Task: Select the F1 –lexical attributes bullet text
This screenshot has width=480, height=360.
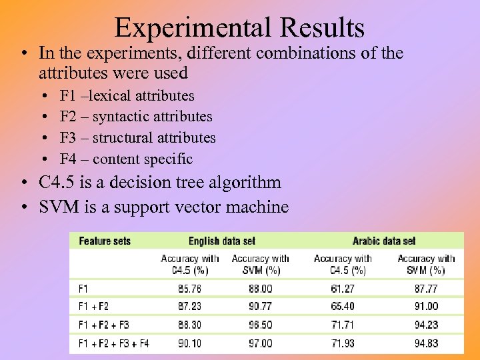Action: click(127, 96)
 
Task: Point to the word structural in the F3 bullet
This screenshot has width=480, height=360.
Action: click(123, 138)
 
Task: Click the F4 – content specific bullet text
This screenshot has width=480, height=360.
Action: click(126, 159)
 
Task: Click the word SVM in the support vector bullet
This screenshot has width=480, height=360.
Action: click(59, 207)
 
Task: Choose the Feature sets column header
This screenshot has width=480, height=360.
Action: click(105, 241)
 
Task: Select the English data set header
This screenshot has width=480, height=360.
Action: click(222, 241)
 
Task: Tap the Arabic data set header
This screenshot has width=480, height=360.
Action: click(384, 241)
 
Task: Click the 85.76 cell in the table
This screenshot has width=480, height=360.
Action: click(191, 289)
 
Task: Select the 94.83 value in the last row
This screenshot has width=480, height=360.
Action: click(426, 343)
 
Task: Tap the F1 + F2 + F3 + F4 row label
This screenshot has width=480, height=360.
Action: click(114, 343)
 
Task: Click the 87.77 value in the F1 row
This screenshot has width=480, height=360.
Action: click(426, 289)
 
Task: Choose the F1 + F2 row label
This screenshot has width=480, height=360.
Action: click(93, 307)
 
